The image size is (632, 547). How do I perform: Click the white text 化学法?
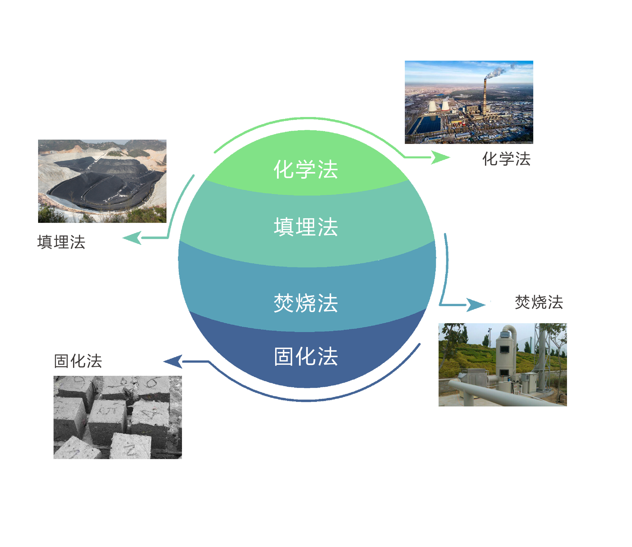[x=306, y=169]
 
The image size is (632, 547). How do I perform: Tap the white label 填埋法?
[x=306, y=227]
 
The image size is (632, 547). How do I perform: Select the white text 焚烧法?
[x=306, y=303]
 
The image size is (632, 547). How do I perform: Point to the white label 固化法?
[x=306, y=356]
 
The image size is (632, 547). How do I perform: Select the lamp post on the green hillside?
[x=490, y=337]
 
